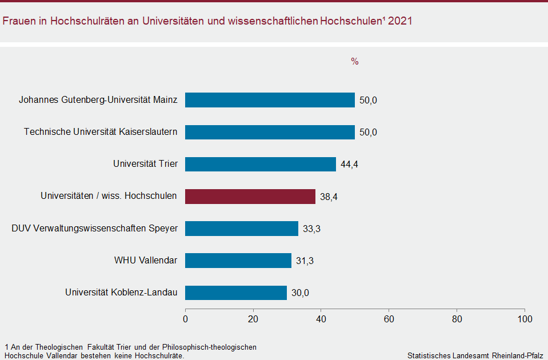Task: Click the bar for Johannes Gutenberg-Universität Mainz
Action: pyautogui.click(x=270, y=100)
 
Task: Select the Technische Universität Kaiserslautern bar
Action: pyautogui.click(x=270, y=132)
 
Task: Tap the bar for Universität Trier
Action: pyautogui.click(x=261, y=164)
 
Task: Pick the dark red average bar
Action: pyautogui.click(x=250, y=197)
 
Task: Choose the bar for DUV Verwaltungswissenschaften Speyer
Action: pyautogui.click(x=242, y=229)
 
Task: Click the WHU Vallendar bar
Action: pyautogui.click(x=238, y=261)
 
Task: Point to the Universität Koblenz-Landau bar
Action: pyautogui.click(x=236, y=293)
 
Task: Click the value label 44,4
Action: pyautogui.click(x=349, y=165)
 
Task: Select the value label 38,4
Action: pyautogui.click(x=329, y=197)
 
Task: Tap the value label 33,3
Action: pyautogui.click(x=311, y=229)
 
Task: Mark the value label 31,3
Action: pyautogui.click(x=305, y=261)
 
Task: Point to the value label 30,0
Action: pyautogui.click(x=300, y=293)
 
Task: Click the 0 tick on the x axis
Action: pyautogui.click(x=185, y=319)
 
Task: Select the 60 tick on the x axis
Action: pyautogui.click(x=389, y=319)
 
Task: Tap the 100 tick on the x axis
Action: pyautogui.click(x=524, y=319)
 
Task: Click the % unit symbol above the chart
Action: pyautogui.click(x=354, y=62)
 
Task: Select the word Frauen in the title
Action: pyautogui.click(x=18, y=21)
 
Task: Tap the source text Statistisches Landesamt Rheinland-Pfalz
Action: pyautogui.click(x=475, y=355)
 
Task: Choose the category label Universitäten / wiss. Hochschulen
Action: pyautogui.click(x=109, y=197)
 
